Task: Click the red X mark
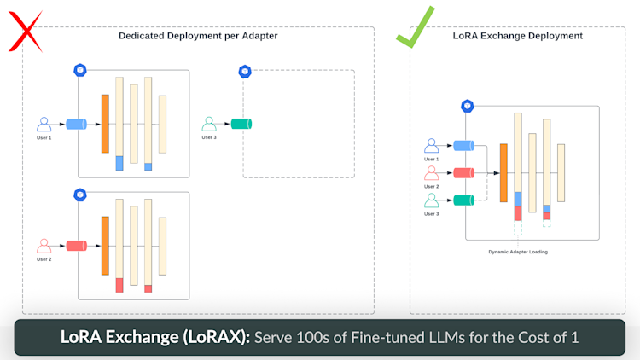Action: click(x=26, y=32)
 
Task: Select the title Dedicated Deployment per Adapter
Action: click(x=198, y=36)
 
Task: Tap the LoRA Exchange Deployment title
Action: click(x=518, y=36)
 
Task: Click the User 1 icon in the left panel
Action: click(x=44, y=124)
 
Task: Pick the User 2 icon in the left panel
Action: click(x=44, y=246)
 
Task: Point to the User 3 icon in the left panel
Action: click(x=209, y=124)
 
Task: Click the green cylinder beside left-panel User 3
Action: click(x=241, y=124)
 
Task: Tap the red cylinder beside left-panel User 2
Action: click(x=76, y=246)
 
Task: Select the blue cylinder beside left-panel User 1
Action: click(x=76, y=124)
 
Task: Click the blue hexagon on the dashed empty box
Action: click(x=245, y=72)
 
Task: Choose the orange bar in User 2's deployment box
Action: click(x=105, y=246)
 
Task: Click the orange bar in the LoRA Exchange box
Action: click(x=503, y=172)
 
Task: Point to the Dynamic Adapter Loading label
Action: click(x=518, y=252)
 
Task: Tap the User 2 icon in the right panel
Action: click(x=432, y=173)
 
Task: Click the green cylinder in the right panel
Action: click(x=463, y=200)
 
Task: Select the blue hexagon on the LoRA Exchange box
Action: click(x=468, y=106)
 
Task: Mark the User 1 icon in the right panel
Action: click(x=432, y=146)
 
